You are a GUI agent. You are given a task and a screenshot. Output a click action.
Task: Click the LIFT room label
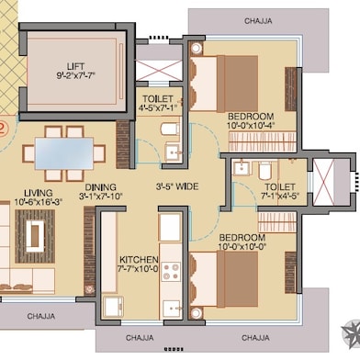click(x=75, y=66)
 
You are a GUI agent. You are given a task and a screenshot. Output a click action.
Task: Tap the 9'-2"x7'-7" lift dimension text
click(x=76, y=76)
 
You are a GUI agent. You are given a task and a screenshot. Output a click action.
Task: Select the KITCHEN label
click(x=139, y=260)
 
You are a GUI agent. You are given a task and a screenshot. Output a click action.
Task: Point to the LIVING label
click(x=39, y=193)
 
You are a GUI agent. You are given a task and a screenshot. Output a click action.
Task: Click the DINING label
click(x=101, y=187)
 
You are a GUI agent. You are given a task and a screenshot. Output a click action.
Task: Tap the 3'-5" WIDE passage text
click(x=177, y=186)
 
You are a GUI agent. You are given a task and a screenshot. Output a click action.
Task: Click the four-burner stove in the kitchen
click(x=171, y=271)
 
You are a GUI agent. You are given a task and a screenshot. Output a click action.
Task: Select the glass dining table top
click(x=64, y=153)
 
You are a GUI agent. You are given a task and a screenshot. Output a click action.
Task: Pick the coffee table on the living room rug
click(x=35, y=236)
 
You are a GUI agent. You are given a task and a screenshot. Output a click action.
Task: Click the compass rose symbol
click(x=352, y=332)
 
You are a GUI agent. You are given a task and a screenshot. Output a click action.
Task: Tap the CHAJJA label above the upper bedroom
click(x=258, y=21)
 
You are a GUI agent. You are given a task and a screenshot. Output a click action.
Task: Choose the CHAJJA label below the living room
click(x=41, y=316)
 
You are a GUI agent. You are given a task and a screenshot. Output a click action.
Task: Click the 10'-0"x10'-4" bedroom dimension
click(x=251, y=125)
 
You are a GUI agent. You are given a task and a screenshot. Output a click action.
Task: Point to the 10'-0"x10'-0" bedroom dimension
click(x=242, y=246)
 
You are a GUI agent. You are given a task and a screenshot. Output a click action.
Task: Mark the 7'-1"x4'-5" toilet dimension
click(x=280, y=195)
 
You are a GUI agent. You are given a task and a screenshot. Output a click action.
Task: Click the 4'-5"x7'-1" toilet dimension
click(x=158, y=107)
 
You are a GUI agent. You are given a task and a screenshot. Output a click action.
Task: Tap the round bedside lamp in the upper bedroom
click(x=197, y=48)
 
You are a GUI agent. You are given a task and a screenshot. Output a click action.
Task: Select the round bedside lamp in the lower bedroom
click(x=197, y=313)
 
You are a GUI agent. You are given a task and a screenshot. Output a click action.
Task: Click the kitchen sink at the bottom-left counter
click(x=113, y=307)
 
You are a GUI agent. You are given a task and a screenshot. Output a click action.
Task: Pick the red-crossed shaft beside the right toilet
click(x=322, y=183)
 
